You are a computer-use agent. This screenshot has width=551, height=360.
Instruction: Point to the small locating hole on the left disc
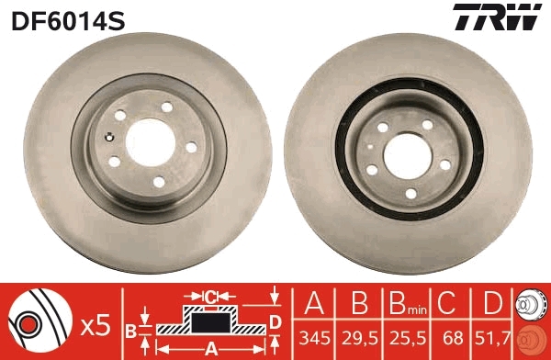tap(110, 139)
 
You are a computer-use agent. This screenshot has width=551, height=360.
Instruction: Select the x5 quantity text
tap(95, 323)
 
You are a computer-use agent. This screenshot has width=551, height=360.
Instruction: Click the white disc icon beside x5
tap(39, 323)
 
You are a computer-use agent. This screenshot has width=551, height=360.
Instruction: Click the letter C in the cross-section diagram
tap(210, 296)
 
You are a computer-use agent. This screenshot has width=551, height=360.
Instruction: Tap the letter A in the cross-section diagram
tap(210, 348)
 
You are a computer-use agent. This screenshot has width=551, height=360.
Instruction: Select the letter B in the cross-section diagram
tap(130, 330)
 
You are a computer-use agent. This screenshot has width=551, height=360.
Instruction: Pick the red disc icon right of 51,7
tap(532, 341)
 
